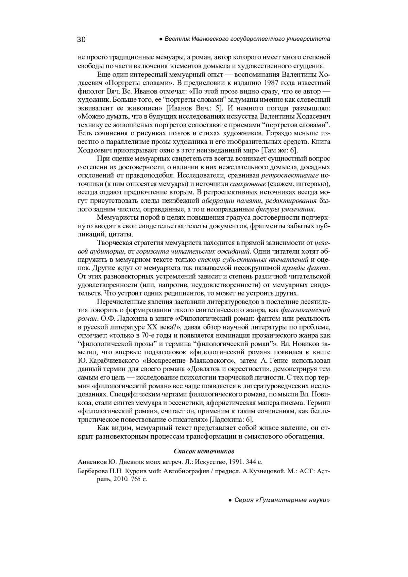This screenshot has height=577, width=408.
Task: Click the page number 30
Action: pyautogui.click(x=82, y=39)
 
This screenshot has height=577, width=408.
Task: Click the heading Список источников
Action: pyautogui.click(x=204, y=451)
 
